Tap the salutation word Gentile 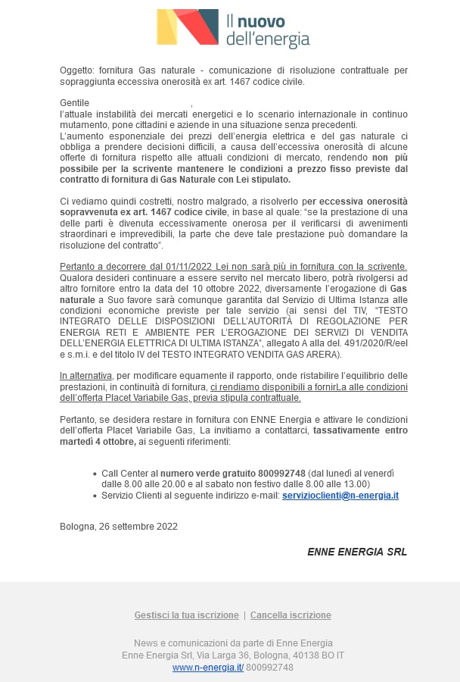click(75, 103)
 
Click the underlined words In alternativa click(86, 376)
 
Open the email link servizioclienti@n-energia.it click(340, 496)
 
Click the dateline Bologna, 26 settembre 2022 click(119, 527)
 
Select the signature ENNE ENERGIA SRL click(357, 552)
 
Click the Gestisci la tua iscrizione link click(185, 615)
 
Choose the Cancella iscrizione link click(291, 615)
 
